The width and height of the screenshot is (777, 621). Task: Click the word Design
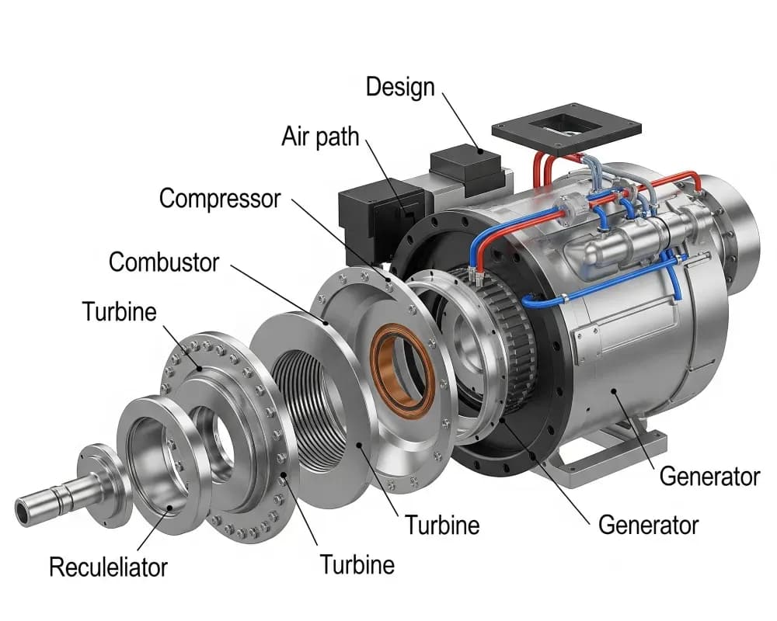(x=400, y=88)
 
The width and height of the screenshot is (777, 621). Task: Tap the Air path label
(x=320, y=136)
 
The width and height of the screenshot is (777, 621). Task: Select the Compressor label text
(x=220, y=199)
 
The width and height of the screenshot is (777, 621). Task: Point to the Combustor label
(x=164, y=262)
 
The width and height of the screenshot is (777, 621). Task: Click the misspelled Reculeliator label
(x=109, y=567)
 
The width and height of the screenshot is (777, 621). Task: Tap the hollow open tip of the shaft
(x=23, y=512)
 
